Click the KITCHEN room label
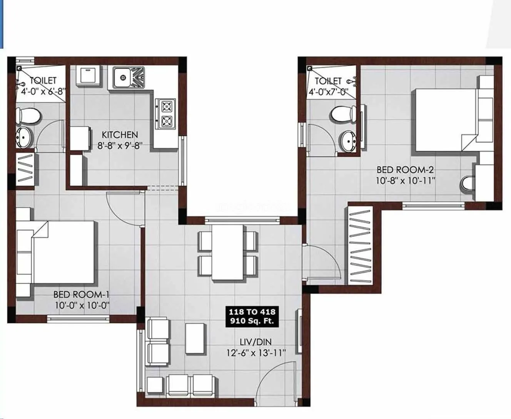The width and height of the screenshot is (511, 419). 120,135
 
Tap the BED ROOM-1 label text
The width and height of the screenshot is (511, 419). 82,294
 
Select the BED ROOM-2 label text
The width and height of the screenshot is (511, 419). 405,170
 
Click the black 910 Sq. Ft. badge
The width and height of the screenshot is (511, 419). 252,316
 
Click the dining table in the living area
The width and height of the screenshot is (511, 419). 227,252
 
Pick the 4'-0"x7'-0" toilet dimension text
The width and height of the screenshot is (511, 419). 329,92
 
